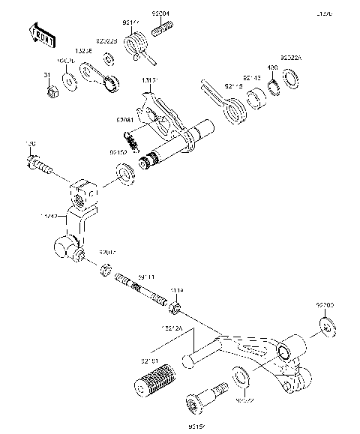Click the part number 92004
click(161, 13)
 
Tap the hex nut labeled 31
click(52, 93)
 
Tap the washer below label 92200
click(325, 326)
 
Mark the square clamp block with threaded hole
click(85, 194)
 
